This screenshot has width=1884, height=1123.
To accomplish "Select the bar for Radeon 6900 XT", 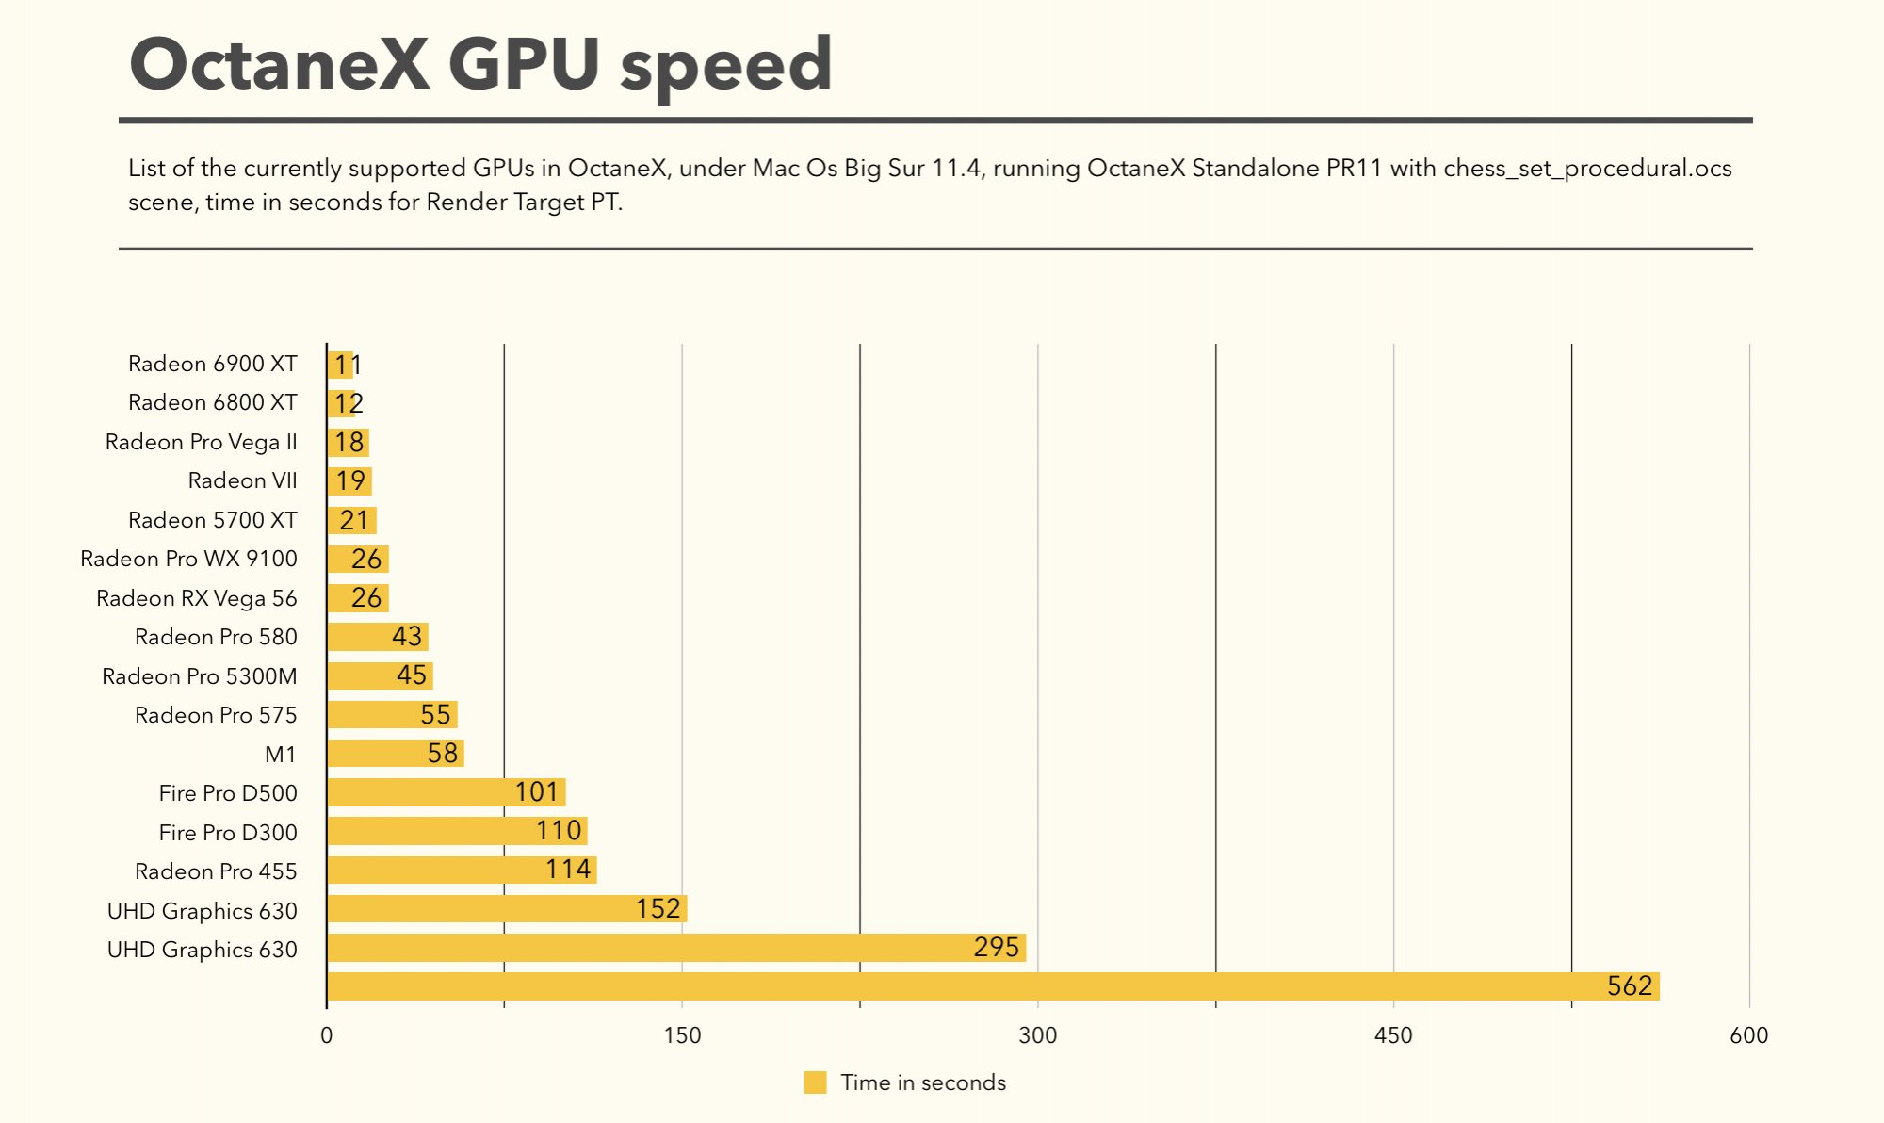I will coord(340,365).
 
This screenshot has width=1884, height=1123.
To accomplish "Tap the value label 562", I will coord(1630,986).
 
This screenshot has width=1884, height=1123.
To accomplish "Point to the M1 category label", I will coord(281,755).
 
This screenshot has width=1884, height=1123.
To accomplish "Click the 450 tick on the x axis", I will coord(1393,1035).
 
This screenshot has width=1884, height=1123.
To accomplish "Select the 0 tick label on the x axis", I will coord(326,1035).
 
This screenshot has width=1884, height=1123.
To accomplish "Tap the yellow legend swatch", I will coord(815,1082).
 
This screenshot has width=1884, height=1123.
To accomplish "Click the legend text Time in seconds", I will coord(923,1082).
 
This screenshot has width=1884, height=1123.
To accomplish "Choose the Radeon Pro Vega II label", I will coord(201,442).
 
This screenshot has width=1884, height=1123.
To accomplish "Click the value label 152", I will coord(658,909).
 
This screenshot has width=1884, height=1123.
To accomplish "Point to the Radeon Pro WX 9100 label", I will coord(188,559).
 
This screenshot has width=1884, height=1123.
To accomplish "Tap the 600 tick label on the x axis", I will coord(1748,1035).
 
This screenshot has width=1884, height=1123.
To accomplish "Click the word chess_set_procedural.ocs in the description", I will coord(1587,169).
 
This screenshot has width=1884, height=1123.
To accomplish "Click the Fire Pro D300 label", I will coord(228,833).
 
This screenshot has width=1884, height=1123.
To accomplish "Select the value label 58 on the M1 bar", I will coord(443,754).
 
